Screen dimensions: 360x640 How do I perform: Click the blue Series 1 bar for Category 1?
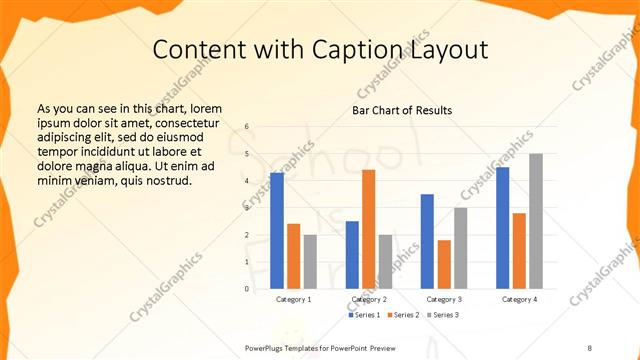[277, 231]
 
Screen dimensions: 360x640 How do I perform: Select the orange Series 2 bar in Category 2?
[369, 229]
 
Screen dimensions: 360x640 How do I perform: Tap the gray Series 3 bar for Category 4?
[536, 221]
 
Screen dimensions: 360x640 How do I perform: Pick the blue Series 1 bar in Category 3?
[427, 241]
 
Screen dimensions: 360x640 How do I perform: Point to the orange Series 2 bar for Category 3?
[444, 264]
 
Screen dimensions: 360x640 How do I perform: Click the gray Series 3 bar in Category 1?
[310, 262]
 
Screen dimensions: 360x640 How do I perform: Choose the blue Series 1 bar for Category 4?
[503, 228]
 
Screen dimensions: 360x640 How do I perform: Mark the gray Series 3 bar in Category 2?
[386, 262]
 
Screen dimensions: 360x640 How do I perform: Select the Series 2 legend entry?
[403, 315]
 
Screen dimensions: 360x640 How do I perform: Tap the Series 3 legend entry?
[442, 315]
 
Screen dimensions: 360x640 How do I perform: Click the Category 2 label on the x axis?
[369, 299]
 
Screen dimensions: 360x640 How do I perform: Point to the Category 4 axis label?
[519, 299]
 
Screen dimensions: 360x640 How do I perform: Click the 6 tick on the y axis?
[247, 128]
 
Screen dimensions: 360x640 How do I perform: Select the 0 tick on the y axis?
[247, 289]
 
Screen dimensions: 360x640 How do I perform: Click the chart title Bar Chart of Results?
[402, 110]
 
